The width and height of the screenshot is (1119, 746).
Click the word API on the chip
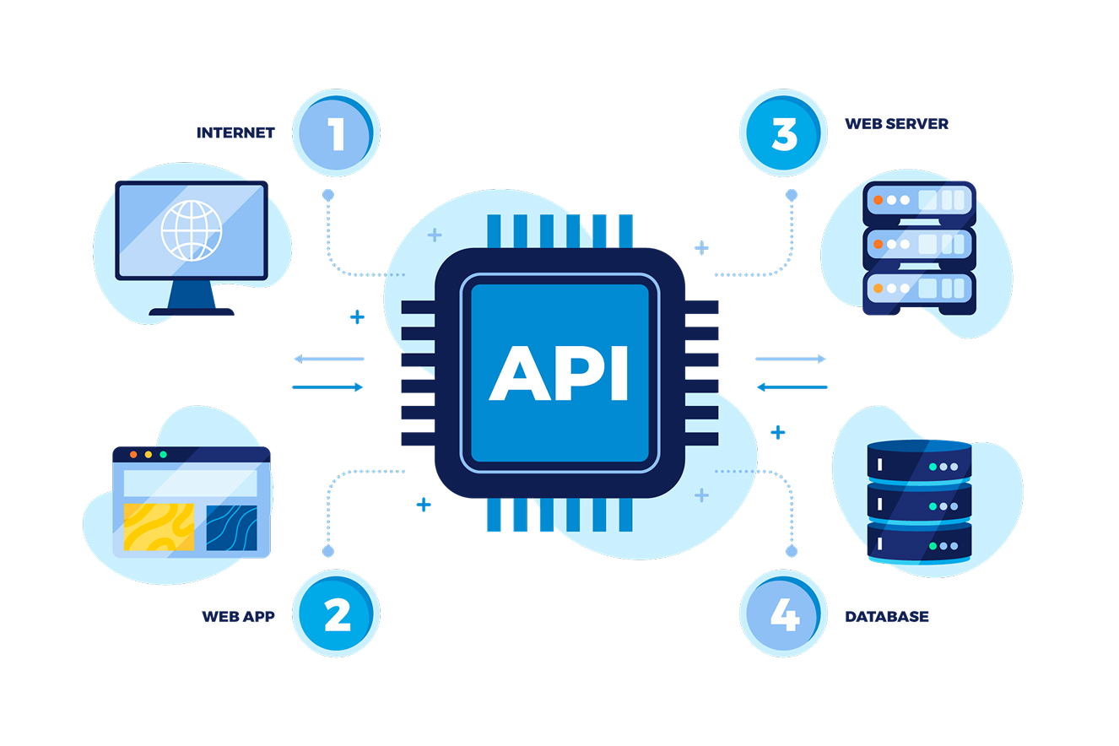(559, 372)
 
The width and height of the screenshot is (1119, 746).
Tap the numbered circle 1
(336, 133)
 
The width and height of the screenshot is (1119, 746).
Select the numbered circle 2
(336, 614)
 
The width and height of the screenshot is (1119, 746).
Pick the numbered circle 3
(784, 133)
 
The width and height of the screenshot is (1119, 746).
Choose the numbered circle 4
(784, 614)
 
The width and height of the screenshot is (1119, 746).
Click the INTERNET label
(235, 132)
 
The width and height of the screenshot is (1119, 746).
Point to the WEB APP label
(238, 616)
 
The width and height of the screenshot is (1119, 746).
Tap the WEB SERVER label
(896, 124)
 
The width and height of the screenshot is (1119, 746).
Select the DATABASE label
(886, 617)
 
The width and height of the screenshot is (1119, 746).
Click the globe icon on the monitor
(192, 230)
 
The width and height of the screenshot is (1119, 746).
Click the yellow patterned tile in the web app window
(159, 527)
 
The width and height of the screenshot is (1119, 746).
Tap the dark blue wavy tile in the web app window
(231, 527)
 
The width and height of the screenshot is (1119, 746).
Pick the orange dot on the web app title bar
(133, 455)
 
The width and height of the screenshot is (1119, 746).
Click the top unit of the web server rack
(918, 201)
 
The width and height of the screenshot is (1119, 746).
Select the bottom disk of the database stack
(919, 545)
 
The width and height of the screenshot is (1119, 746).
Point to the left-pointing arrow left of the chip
(328, 359)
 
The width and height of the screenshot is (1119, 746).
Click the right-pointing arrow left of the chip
(328, 387)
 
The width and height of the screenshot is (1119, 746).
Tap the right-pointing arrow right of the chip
(790, 359)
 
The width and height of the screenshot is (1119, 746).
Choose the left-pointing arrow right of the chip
(792, 387)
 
